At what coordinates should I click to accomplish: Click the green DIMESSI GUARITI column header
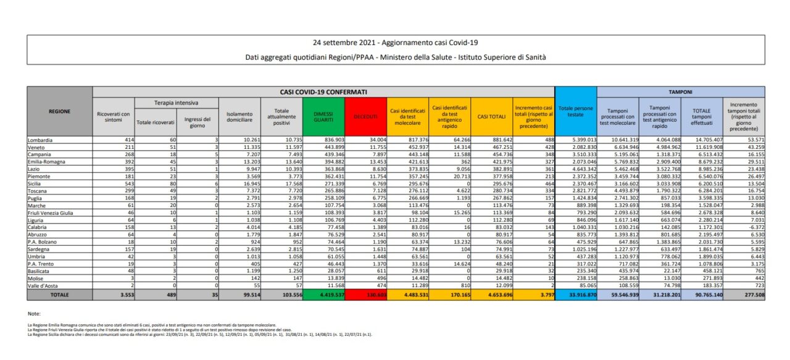click(x=325, y=115)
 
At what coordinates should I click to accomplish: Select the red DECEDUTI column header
click(x=367, y=115)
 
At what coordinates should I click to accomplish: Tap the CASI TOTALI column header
click(x=492, y=115)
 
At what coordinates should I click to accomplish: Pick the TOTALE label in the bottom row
click(x=59, y=295)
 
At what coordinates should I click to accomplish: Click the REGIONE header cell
click(x=59, y=111)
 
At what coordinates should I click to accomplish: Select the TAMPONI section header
click(x=681, y=91)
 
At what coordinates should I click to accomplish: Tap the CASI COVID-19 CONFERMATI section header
click(x=323, y=91)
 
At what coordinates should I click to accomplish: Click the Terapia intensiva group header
click(x=176, y=102)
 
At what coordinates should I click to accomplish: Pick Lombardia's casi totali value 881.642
click(x=496, y=140)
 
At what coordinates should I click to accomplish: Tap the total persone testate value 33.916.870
click(x=576, y=295)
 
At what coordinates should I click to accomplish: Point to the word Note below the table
click(x=34, y=314)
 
